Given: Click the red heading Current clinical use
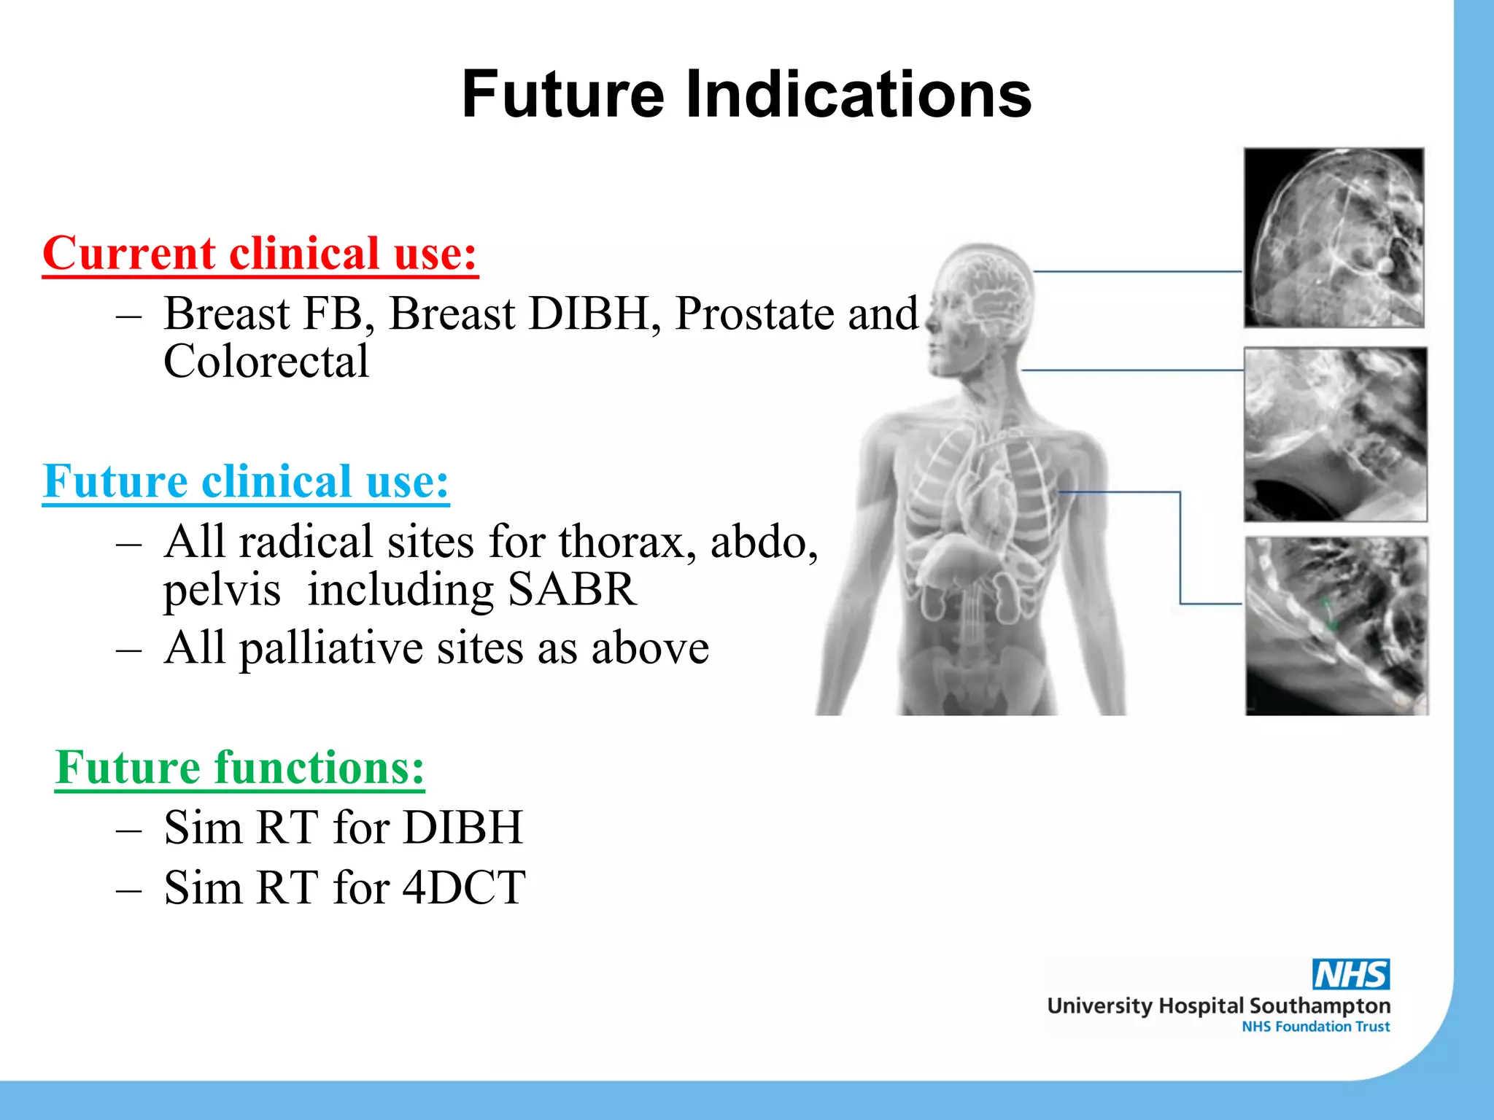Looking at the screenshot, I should [x=260, y=254].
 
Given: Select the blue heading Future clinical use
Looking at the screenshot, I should [x=246, y=481].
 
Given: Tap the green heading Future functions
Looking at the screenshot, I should [x=239, y=768].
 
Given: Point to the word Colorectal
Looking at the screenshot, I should [x=266, y=362].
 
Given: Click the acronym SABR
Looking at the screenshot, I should [x=572, y=589].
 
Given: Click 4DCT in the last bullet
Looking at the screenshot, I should [x=464, y=888].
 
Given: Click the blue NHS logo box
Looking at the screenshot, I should [x=1351, y=974].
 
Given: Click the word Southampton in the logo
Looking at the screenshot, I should [x=1320, y=1006].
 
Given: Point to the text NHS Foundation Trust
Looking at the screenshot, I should [x=1315, y=1027].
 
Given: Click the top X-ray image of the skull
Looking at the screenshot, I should [x=1334, y=238].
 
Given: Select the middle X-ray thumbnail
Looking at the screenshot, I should [x=1335, y=435].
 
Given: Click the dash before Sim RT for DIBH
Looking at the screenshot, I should [x=128, y=829].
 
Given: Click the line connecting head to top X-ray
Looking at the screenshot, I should [x=1138, y=271].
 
